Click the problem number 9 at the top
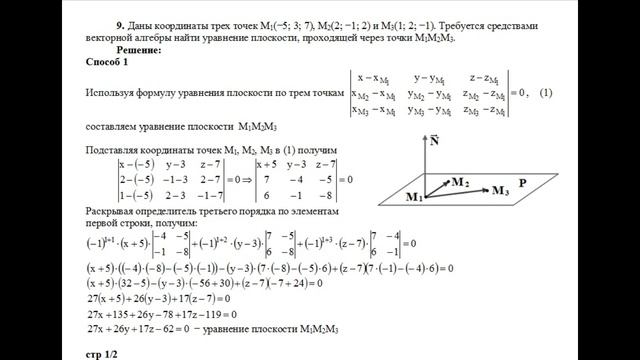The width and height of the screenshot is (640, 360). coord(121,21)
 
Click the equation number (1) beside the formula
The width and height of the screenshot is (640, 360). coord(544,93)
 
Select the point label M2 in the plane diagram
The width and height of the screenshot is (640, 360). coord(458,182)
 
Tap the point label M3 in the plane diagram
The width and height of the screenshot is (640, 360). coord(504,190)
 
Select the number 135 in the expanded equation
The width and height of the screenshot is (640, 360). coord(131,312)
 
